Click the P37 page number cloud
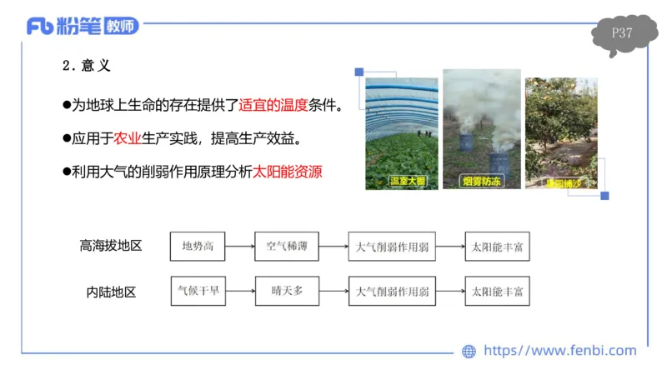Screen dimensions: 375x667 coord(621,34)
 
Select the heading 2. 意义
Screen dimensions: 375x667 coord(87,65)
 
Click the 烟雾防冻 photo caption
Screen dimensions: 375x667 coord(482,181)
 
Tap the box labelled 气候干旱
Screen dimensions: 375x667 coord(198,292)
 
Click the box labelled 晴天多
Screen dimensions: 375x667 coord(286,292)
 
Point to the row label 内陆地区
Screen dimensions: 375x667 coord(111,292)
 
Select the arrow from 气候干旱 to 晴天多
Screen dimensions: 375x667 coord(241,292)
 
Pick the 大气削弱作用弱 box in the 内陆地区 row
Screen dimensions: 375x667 coord(391,292)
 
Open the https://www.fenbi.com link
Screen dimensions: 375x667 coord(560,351)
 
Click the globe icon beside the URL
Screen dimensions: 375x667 coord(469,352)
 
